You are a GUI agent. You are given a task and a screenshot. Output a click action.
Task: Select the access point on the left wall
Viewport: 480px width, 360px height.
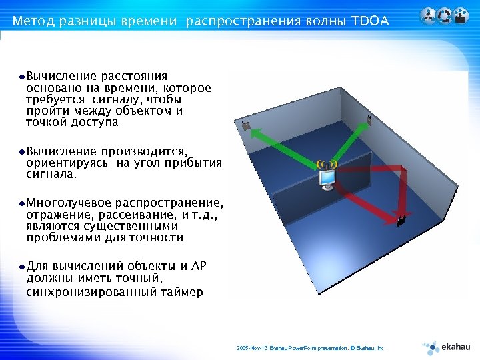(x=246, y=125)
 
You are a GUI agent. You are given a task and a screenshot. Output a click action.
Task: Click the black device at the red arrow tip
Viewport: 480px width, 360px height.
(x=401, y=220)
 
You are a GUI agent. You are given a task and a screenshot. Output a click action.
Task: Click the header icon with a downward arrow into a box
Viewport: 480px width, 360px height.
(x=459, y=15)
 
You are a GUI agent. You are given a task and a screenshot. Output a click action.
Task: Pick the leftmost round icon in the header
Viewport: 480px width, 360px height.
(x=428, y=15)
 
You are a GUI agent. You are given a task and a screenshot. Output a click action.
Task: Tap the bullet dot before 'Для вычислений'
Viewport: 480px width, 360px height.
(x=22, y=267)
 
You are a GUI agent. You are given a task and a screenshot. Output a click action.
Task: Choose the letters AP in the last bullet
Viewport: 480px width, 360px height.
(x=199, y=267)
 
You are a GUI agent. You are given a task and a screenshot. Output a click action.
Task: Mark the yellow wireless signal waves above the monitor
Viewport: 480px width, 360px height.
(x=327, y=164)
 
